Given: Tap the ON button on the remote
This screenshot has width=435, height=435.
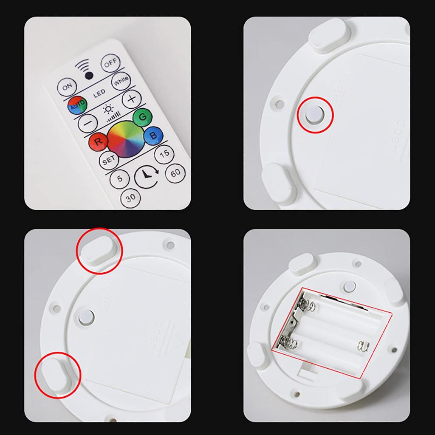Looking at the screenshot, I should coord(67,87).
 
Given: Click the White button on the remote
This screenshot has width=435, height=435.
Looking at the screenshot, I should coord(121,82).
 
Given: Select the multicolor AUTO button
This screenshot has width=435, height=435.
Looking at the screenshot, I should coord(77,105).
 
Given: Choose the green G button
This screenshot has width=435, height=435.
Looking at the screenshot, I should coord(142,117).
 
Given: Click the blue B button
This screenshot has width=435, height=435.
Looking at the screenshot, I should coord(151,136).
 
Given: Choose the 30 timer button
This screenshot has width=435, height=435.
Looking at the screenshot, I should coord(130,198).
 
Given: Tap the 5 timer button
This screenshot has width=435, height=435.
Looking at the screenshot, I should coord(120,179).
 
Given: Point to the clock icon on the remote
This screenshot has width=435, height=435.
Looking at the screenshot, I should coord(146,175).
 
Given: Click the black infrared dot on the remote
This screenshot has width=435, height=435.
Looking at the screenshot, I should coord(89,76).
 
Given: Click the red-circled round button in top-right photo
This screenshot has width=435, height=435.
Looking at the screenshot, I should coord(314,115).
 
